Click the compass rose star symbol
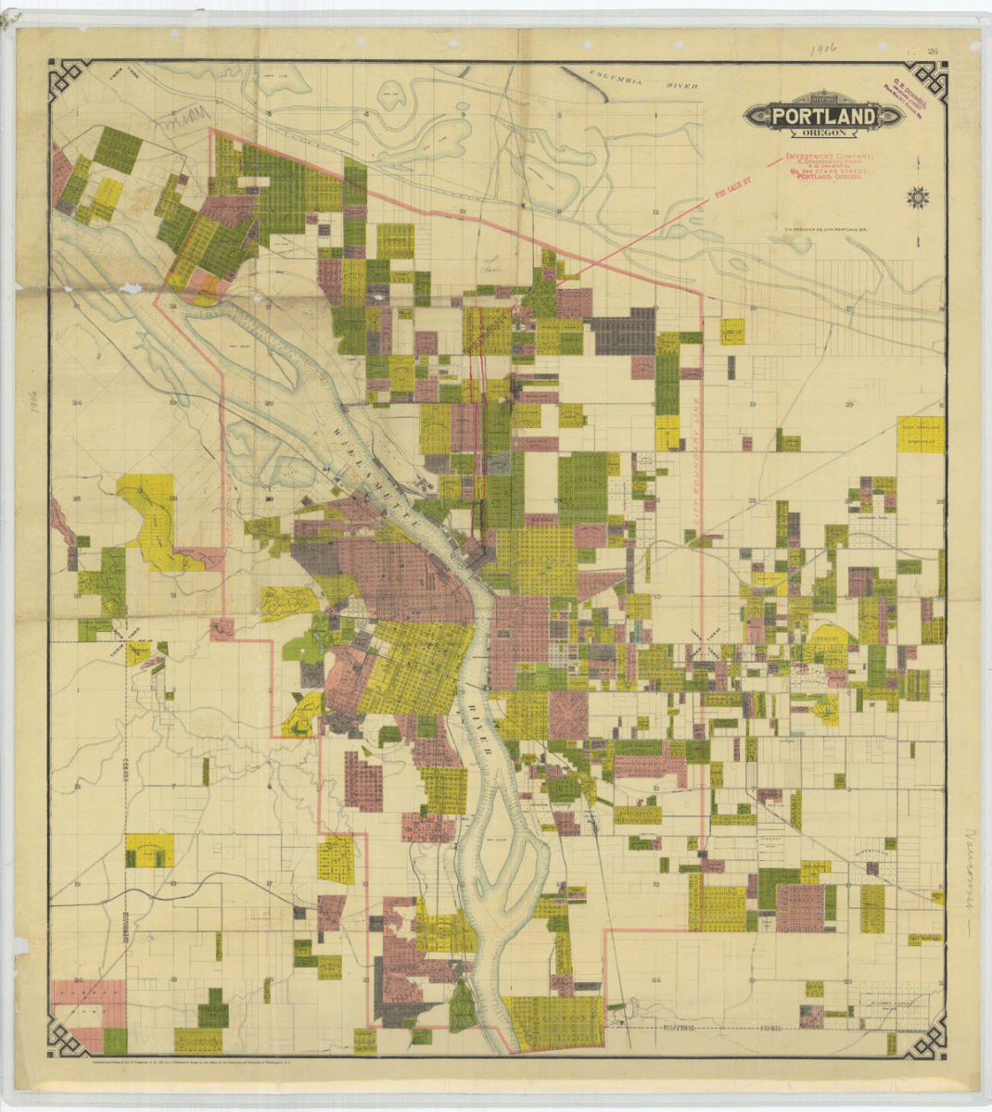point(919,196)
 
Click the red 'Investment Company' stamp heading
point(828,158)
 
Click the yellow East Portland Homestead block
point(921,435)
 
